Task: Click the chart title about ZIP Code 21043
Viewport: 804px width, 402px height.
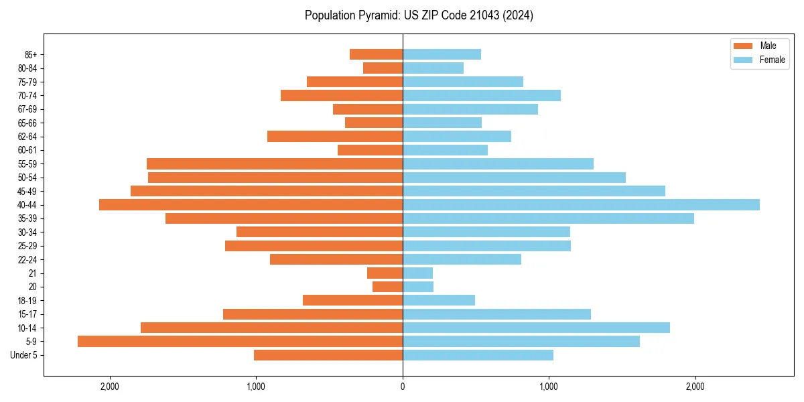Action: coord(419,15)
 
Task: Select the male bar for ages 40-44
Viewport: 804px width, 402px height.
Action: coord(251,204)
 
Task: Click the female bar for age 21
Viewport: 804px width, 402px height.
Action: coord(417,273)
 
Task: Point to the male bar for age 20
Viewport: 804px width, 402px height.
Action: coord(387,287)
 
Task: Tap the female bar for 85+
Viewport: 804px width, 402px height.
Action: coord(442,54)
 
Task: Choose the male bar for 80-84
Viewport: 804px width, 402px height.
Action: coord(383,68)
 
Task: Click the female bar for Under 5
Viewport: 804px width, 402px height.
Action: coord(478,355)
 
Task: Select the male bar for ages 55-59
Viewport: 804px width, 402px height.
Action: coord(275,163)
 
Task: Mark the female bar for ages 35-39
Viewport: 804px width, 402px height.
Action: coord(548,218)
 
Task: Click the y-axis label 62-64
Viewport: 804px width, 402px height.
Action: coord(27,137)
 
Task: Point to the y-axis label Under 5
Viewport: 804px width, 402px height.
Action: coord(24,355)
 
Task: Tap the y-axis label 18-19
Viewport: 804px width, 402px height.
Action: coord(27,301)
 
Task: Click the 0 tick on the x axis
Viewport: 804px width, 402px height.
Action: coord(403,387)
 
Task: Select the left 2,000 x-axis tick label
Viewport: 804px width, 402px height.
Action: coord(109,387)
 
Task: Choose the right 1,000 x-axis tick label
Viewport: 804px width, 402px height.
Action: coord(549,387)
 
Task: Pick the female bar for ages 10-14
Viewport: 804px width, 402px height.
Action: coord(536,328)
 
